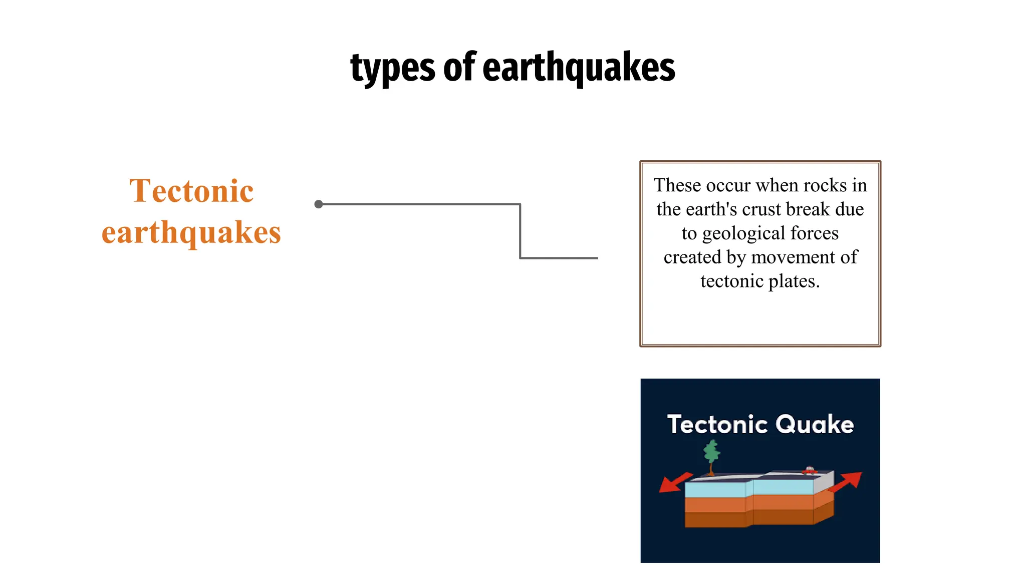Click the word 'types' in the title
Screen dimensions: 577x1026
[x=393, y=68]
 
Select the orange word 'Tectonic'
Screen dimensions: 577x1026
[x=191, y=191]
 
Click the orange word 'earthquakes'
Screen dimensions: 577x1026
[x=191, y=233]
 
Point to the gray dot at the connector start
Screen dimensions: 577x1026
[x=319, y=204]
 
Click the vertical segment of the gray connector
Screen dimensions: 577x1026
[x=521, y=231]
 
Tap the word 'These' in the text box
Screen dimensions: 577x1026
[x=677, y=185]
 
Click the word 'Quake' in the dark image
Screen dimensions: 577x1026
[x=815, y=424]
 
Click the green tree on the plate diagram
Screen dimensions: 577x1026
[x=711, y=453]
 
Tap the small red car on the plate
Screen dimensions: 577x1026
[x=809, y=470]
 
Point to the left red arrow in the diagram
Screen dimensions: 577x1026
[x=674, y=483]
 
